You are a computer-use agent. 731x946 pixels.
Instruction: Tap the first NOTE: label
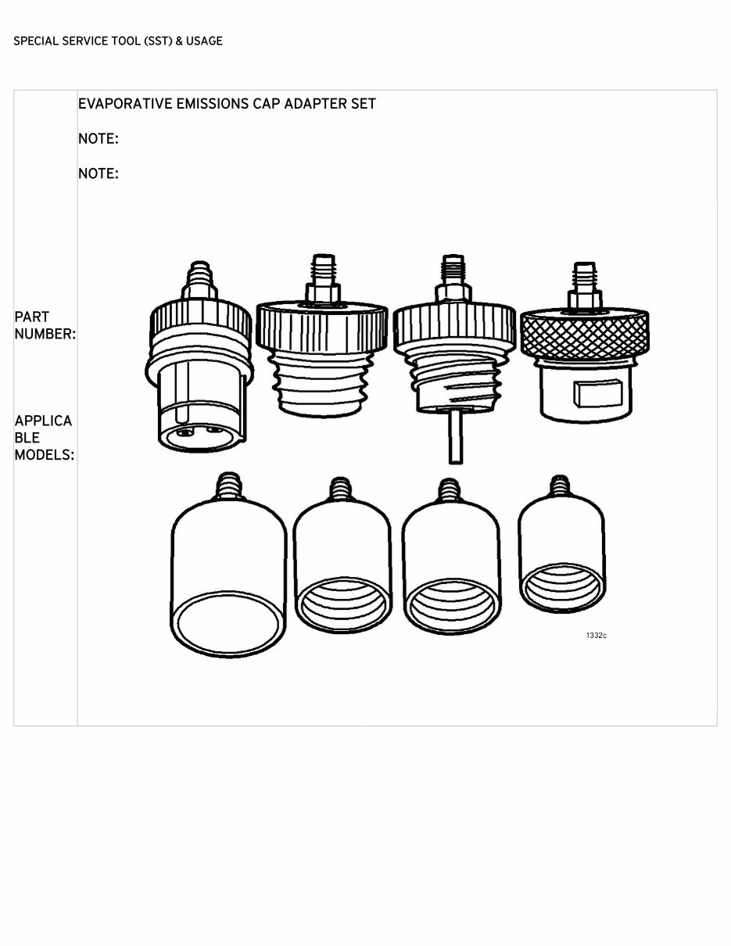[x=98, y=139]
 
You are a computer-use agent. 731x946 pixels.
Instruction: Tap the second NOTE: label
[x=98, y=174]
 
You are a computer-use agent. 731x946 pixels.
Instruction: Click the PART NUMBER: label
[x=45, y=325]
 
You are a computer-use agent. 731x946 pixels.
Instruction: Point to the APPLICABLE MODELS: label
[x=45, y=437]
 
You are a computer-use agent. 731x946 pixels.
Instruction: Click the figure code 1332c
[x=596, y=635]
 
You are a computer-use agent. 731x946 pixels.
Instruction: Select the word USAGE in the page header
[x=204, y=41]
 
